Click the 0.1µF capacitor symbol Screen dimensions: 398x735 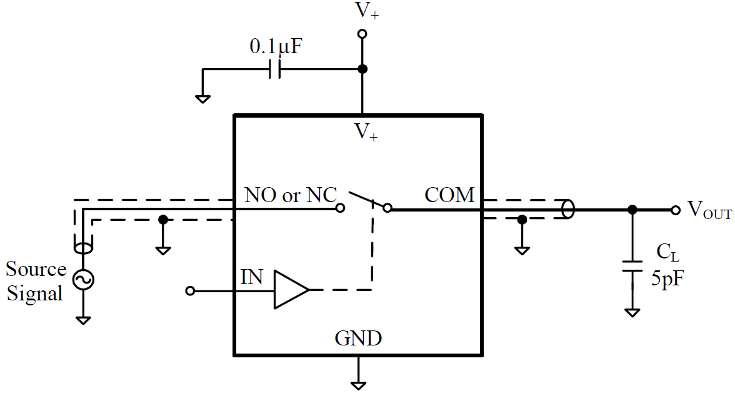click(275, 69)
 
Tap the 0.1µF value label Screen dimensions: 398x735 click(276, 46)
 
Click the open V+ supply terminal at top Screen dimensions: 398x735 click(361, 34)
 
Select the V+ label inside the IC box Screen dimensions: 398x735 click(366, 132)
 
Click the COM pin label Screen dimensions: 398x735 click(449, 195)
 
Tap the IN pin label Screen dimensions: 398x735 click(252, 277)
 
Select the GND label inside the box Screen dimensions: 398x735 click(358, 339)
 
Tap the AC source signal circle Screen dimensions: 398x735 click(83, 280)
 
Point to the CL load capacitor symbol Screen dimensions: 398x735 click(632, 265)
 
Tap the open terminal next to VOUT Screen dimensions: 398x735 click(676, 210)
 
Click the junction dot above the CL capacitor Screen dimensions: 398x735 click(632, 210)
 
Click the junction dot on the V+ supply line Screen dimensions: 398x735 click(361, 69)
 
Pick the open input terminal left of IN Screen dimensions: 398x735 click(191, 290)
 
